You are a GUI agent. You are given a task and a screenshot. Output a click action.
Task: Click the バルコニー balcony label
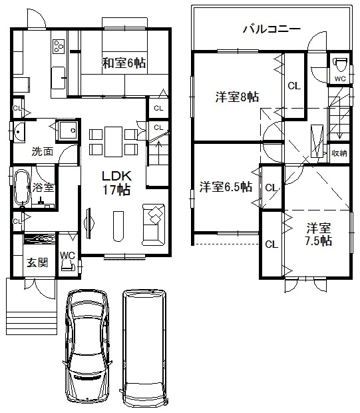271,29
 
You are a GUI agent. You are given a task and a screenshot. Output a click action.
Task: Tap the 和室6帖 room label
124,63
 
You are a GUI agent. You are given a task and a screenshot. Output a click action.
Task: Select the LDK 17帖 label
116,183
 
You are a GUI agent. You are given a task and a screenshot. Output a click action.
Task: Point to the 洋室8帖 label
237,97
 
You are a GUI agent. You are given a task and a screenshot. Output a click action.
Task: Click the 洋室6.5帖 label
226,187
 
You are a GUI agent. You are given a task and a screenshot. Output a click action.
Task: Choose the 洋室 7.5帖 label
319,234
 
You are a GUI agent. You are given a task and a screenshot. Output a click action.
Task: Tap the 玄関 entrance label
38,262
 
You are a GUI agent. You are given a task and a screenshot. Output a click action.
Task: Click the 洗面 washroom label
43,151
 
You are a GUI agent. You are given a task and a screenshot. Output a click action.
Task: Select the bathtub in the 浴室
22,188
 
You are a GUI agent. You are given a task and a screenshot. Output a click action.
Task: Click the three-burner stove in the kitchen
59,46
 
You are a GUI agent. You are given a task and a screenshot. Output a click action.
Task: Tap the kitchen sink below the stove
58,78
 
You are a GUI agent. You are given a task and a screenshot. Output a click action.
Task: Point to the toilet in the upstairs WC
340,64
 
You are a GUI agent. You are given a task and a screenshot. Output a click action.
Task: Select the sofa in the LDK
154,224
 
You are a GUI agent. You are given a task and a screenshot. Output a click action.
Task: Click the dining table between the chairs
113,142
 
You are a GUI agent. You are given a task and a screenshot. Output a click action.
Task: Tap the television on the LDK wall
89,224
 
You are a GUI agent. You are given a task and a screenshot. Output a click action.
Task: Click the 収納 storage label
339,153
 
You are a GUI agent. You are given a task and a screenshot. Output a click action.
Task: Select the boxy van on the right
144,348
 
